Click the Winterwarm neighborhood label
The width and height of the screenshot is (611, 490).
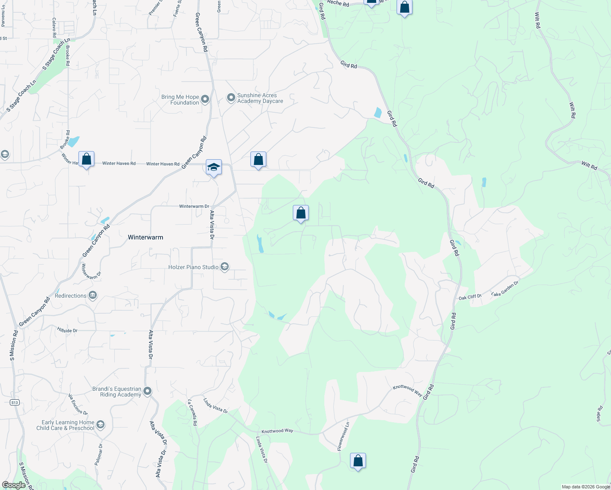pos(145,237)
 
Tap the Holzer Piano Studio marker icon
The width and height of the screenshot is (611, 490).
pos(224,267)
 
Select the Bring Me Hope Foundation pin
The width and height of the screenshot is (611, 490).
pos(205,99)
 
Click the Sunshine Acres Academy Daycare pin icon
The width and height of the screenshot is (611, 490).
pos(231,98)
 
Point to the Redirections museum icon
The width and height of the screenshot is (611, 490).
pos(93,295)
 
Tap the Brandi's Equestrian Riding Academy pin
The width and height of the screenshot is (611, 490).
pos(147,391)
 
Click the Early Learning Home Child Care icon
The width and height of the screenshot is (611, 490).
pos(100,425)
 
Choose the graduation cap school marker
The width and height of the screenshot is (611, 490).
pos(214,167)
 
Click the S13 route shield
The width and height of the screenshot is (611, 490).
pos(15,403)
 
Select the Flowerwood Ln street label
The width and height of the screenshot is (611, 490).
pos(344,437)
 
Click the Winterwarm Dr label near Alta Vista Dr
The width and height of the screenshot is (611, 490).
pos(194,206)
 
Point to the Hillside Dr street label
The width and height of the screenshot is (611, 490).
pos(67,330)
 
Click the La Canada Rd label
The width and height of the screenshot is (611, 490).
pos(192,413)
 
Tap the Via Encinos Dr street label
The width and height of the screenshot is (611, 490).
pos(78,404)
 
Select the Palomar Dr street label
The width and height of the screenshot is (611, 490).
pos(98,454)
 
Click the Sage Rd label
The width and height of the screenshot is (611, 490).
pos(599,414)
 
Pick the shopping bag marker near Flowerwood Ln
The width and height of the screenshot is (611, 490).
pos(358,461)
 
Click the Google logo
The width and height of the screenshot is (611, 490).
pos(14,485)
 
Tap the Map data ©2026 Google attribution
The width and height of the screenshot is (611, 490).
pos(586,487)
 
